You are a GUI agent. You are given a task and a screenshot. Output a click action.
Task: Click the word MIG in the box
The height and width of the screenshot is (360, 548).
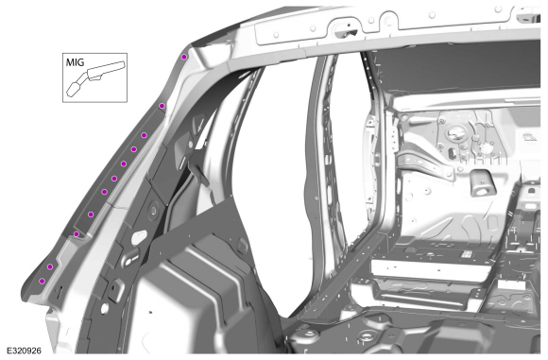(x=75, y=62)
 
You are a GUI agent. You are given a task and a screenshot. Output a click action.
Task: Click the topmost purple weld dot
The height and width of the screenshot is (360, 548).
(x=184, y=57)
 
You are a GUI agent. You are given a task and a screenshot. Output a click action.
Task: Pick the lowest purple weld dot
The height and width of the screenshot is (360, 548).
(x=42, y=281)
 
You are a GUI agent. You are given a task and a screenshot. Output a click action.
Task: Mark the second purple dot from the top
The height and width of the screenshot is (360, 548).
(x=162, y=106)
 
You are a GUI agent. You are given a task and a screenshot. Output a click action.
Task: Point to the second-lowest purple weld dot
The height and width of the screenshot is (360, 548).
(x=50, y=267)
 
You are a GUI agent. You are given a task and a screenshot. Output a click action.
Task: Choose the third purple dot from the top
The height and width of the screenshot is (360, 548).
(x=144, y=135)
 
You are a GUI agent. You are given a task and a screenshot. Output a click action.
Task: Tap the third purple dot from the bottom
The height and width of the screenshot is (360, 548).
(x=77, y=234)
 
